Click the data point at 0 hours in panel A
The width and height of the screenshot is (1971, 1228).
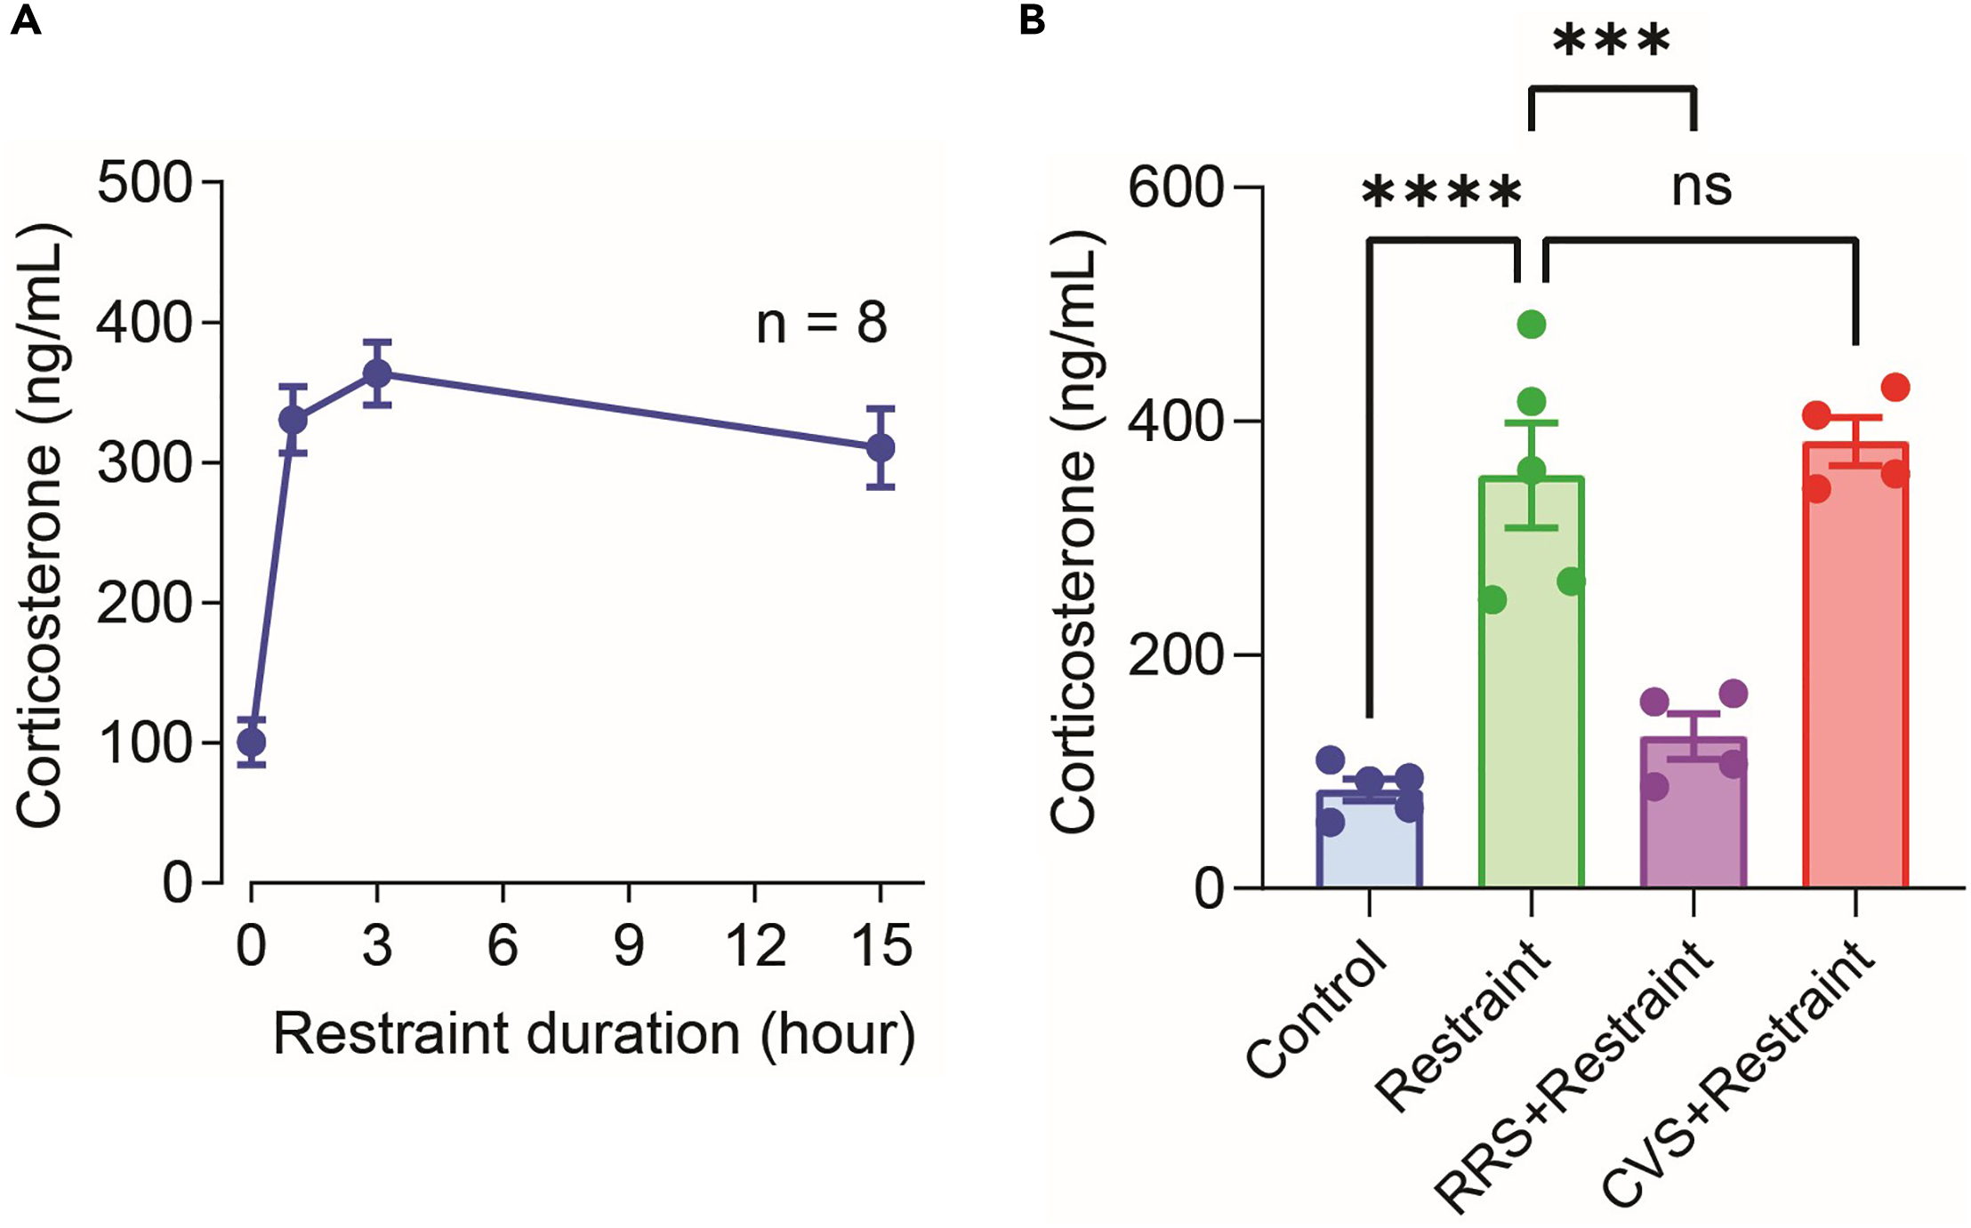point(252,742)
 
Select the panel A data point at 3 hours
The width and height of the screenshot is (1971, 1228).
point(377,373)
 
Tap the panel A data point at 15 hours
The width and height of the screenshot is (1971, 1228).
point(881,447)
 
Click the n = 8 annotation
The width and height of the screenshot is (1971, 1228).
point(821,323)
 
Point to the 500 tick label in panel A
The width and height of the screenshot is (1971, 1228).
point(144,183)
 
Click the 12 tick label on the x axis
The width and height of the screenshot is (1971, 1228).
point(755,945)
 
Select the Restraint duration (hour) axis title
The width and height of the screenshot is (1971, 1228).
point(593,1034)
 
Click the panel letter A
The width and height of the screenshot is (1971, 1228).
point(26,20)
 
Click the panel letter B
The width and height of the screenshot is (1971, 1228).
point(1031,20)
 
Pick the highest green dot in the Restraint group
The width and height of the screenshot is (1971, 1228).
point(1532,324)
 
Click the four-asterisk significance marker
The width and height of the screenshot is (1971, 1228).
point(1442,192)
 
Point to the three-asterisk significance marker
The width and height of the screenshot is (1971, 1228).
point(1612,41)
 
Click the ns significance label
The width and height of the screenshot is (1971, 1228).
point(1701,187)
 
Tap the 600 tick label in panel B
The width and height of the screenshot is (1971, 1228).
point(1176,189)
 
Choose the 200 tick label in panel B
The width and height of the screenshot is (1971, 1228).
point(1176,656)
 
